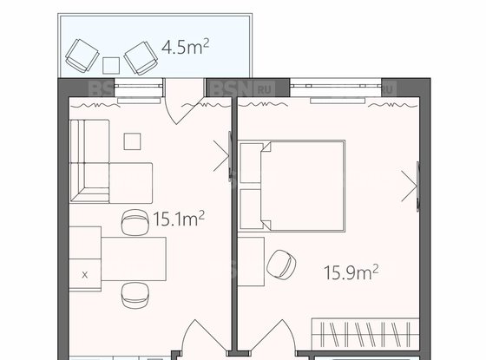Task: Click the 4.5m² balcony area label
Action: (186, 47)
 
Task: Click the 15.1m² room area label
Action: (179, 219)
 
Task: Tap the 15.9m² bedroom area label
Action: (351, 272)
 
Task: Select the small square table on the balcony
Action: (111, 66)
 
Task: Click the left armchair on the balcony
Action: (82, 56)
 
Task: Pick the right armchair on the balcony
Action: (141, 58)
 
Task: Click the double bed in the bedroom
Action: (303, 186)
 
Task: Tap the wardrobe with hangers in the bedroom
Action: (365, 334)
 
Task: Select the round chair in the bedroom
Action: (281, 264)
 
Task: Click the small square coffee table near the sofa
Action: (132, 141)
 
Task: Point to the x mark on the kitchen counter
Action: (85, 275)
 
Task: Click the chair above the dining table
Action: (135, 222)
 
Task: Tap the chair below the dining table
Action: (135, 296)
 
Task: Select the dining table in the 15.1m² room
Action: (134, 259)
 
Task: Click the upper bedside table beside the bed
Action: (251, 163)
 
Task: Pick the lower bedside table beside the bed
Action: (251, 209)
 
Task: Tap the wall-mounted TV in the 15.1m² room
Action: (230, 155)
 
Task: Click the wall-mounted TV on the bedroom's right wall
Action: (417, 187)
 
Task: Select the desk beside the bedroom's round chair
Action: (251, 262)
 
